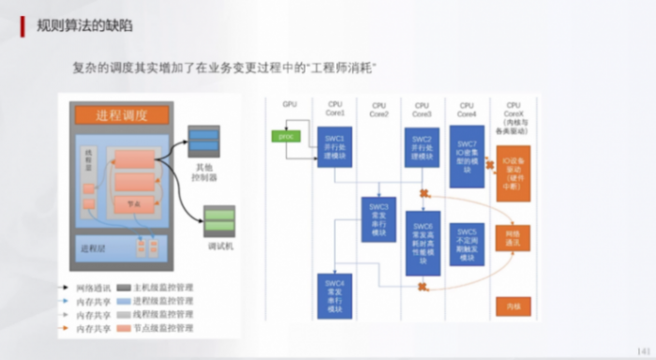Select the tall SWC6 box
pos(422,242)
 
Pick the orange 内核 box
pos(513,306)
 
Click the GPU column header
pos(289,104)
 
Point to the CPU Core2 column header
pos(379,108)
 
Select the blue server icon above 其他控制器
pos(202,142)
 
